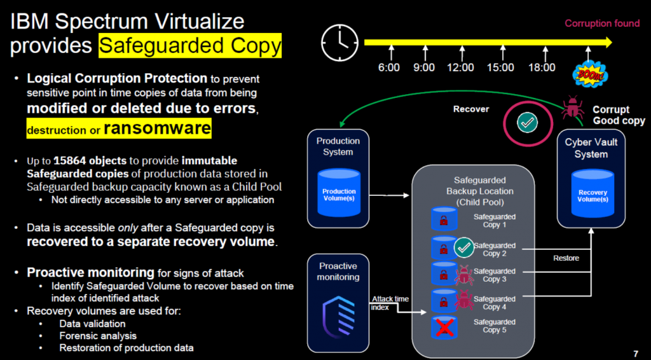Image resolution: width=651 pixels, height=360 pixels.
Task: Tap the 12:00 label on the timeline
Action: click(x=460, y=67)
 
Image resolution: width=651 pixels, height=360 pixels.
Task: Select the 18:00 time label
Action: click(x=541, y=67)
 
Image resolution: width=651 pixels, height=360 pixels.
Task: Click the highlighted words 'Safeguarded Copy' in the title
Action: click(x=190, y=46)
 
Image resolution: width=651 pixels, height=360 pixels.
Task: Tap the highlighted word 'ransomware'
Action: click(x=157, y=128)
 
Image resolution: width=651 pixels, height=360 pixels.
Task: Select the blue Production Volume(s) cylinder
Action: click(x=339, y=191)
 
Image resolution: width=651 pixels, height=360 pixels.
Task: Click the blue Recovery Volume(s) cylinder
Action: click(x=593, y=191)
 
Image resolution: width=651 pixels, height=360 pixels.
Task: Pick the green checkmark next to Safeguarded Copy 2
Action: click(x=464, y=246)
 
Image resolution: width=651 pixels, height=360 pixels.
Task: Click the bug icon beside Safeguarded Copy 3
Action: click(x=463, y=275)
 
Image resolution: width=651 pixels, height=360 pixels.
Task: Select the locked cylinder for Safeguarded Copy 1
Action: click(x=443, y=219)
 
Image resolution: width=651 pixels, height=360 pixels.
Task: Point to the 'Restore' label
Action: click(x=566, y=258)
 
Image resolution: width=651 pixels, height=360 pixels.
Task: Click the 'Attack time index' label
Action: click(x=389, y=303)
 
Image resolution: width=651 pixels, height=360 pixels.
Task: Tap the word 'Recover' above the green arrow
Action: click(x=471, y=109)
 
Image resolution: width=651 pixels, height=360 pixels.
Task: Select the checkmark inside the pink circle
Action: click(x=526, y=123)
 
